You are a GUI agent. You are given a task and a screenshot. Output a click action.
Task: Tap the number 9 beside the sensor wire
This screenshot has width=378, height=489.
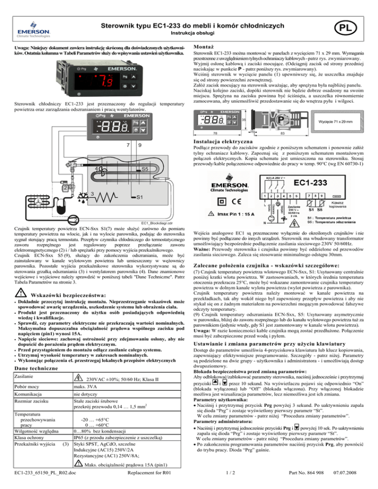click(x=140, y=145)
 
